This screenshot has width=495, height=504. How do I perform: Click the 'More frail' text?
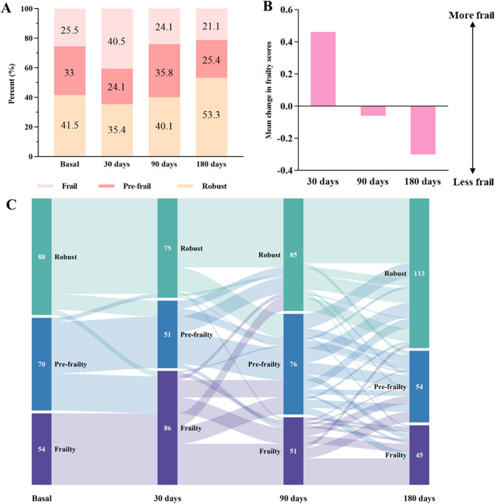tap(465, 14)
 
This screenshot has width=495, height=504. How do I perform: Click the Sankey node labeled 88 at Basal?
tap(41, 257)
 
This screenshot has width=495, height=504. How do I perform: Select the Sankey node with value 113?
tap(420, 273)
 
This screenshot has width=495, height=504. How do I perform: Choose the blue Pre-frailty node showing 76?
tap(293, 363)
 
